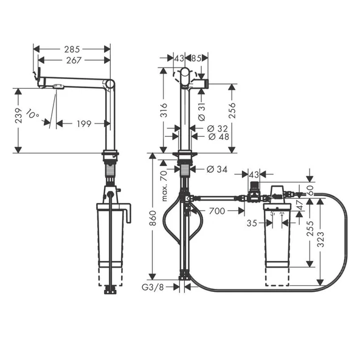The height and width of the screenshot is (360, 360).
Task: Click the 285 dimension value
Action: [x=72, y=47]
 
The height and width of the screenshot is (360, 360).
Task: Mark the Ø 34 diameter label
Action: [x=217, y=168]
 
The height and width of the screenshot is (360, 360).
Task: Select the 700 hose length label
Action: [x=218, y=211]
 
